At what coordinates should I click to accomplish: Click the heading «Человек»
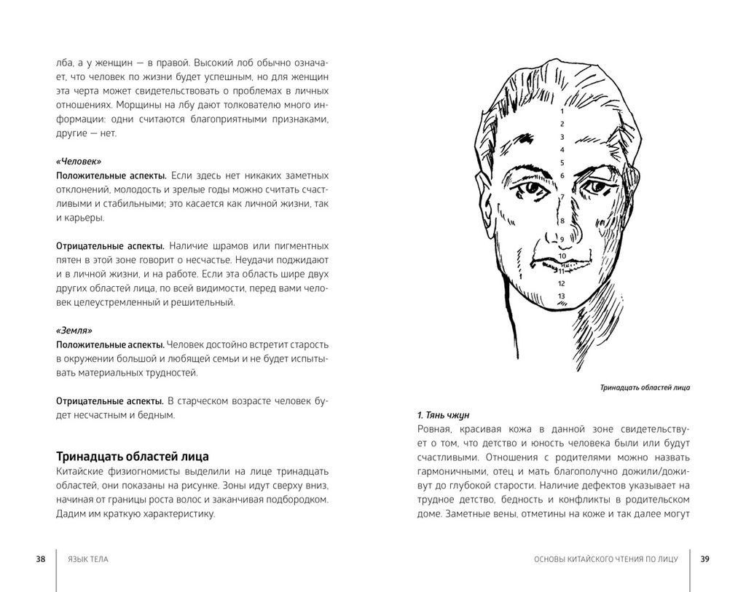(79, 161)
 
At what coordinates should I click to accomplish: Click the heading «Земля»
(74, 330)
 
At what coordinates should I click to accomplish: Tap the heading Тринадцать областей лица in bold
(133, 457)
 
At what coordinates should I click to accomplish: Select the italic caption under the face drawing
(645, 387)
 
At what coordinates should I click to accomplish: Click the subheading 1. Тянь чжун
(443, 415)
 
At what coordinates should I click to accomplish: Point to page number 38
(41, 559)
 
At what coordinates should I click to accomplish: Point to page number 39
(704, 559)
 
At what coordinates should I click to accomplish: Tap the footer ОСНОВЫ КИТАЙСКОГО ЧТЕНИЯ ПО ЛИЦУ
(605, 559)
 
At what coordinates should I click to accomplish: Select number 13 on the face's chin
(561, 296)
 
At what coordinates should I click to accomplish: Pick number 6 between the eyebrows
(562, 175)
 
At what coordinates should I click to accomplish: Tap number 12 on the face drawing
(561, 283)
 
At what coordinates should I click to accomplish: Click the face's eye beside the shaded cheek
(597, 187)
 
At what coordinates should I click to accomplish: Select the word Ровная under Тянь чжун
(436, 430)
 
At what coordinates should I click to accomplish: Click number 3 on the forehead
(562, 137)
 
